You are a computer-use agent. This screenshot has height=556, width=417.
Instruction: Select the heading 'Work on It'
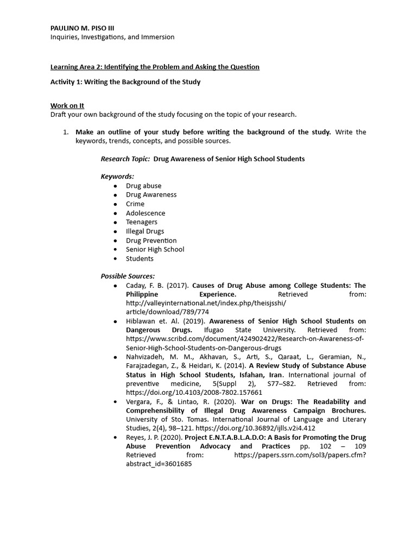click(x=67, y=105)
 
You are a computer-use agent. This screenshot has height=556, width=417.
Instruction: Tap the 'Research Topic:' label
click(x=125, y=159)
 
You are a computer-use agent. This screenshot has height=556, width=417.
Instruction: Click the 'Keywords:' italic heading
click(x=117, y=176)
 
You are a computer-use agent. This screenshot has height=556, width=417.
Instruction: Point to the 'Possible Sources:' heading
click(x=128, y=276)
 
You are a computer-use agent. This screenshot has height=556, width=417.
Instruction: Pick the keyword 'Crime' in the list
click(x=135, y=204)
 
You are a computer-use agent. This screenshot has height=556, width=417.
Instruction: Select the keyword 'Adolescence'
click(x=146, y=213)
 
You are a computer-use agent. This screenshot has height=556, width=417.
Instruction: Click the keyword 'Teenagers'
click(x=142, y=222)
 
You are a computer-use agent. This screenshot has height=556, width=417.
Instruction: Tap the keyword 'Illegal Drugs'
click(x=145, y=231)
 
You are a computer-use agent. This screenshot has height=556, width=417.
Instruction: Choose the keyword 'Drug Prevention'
click(x=151, y=241)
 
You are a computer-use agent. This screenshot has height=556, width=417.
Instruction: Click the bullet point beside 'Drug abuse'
click(x=115, y=186)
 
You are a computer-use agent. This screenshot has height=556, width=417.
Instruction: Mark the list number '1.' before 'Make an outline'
click(x=65, y=132)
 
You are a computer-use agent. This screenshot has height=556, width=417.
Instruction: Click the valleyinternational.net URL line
click(x=206, y=302)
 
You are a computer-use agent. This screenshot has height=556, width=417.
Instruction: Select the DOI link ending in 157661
click(x=194, y=392)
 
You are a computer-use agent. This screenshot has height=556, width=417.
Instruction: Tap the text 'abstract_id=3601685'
click(x=159, y=464)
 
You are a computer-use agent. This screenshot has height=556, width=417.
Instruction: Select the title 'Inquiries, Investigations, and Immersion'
click(x=112, y=37)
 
